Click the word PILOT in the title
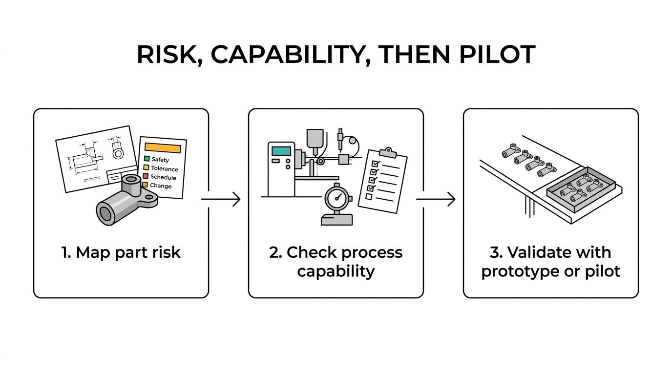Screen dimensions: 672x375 497,54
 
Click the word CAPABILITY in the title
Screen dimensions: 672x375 288,54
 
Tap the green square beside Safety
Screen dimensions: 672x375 147,158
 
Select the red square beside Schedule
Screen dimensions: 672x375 146,176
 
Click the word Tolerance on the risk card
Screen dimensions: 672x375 165,168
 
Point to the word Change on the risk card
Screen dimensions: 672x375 161,186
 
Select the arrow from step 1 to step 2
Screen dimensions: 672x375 221,199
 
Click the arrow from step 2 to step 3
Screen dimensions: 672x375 436,199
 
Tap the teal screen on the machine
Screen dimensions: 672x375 281,151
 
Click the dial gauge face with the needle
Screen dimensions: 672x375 337,198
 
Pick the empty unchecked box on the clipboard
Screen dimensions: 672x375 369,196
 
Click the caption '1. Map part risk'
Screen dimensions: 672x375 121,252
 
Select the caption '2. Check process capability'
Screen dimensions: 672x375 336,262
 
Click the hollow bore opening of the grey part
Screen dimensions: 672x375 105,213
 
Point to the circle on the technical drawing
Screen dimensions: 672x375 118,154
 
